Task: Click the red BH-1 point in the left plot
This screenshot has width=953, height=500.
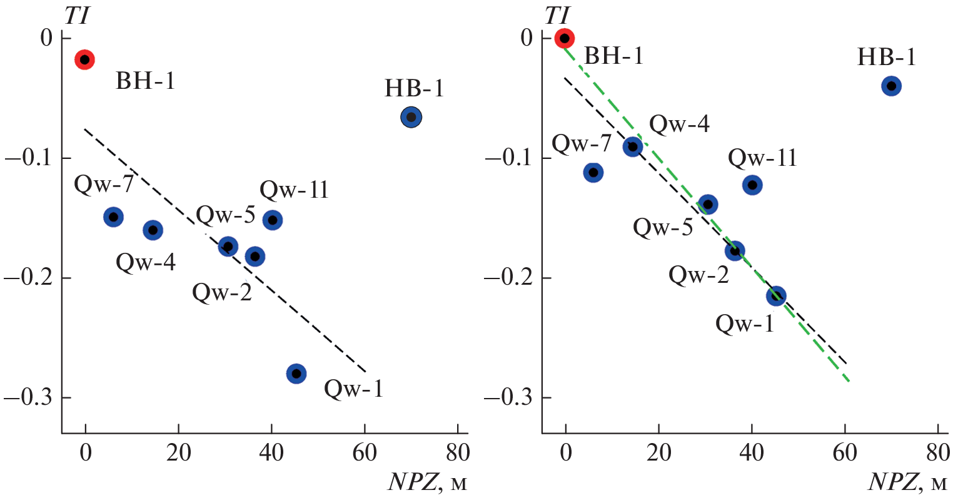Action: tap(84, 60)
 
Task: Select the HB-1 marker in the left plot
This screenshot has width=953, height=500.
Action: tap(411, 117)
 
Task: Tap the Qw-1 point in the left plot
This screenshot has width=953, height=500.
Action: tap(296, 374)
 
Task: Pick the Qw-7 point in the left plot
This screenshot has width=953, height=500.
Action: tap(113, 217)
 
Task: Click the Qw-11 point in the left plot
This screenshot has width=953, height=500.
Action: tap(272, 220)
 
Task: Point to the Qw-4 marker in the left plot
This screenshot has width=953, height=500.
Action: tap(153, 230)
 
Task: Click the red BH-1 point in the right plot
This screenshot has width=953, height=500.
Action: tap(565, 38)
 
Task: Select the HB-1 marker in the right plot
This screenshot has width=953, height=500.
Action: tap(891, 86)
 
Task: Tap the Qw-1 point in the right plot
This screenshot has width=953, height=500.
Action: tap(776, 296)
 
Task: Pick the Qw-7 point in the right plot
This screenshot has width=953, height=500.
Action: tap(593, 172)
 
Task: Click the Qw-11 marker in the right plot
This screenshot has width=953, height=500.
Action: tap(752, 185)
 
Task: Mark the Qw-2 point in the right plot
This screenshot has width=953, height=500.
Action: tap(735, 251)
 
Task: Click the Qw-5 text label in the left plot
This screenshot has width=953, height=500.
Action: tap(226, 215)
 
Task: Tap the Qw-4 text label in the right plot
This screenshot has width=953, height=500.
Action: tap(679, 125)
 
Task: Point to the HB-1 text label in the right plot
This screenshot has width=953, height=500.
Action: tap(886, 58)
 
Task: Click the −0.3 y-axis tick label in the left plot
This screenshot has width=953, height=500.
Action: tap(30, 398)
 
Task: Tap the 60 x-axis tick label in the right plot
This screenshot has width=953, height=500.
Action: tap(845, 453)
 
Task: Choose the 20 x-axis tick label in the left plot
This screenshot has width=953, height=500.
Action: tap(178, 453)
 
